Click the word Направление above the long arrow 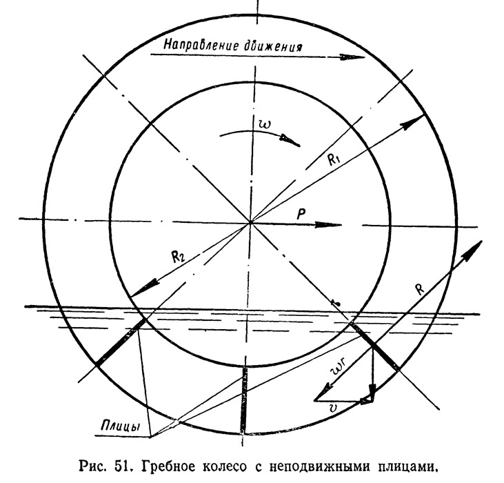click(x=201, y=45)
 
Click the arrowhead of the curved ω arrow click(x=290, y=141)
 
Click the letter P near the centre click(x=301, y=214)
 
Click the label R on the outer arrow click(x=420, y=289)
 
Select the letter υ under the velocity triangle click(x=333, y=408)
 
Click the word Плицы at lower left click(x=121, y=426)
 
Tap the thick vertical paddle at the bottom click(x=244, y=400)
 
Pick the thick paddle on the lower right click(x=374, y=346)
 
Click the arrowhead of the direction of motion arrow click(x=352, y=57)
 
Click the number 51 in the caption click(x=124, y=466)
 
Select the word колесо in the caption click(x=225, y=467)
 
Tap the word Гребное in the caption click(x=169, y=466)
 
